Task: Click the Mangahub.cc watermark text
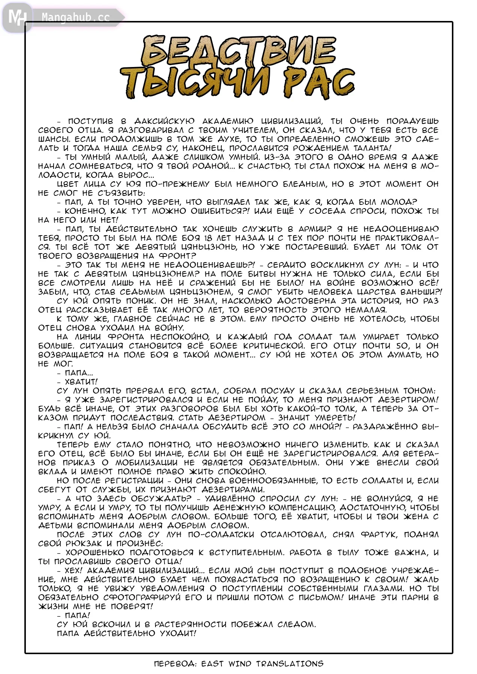point(76,18)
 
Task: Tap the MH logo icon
point(17,17)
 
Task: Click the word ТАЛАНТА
point(367,148)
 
